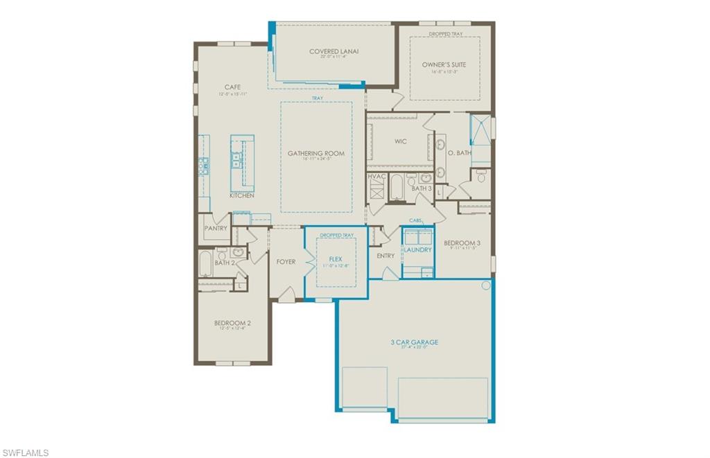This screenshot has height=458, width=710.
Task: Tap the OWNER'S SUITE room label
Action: pos(444,64)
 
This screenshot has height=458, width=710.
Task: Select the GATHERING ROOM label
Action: pos(316,153)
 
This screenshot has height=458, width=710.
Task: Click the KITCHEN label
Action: pos(242,195)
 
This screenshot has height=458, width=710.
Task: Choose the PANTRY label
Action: pos(215,228)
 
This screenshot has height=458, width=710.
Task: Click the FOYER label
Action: pos(286,262)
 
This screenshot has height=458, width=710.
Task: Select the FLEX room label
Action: pos(336,259)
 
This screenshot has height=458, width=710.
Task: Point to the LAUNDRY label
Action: pos(417,249)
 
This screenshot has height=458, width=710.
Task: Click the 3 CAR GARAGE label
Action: pos(413,342)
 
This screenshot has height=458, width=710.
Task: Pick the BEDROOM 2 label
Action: pos(232,322)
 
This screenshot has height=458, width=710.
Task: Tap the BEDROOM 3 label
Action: pos(462,243)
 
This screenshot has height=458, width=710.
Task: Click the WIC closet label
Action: pos(401,141)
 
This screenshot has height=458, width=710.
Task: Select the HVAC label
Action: pos(376,177)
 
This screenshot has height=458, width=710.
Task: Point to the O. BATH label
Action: pos(459,152)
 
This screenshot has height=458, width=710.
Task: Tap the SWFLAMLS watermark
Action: pos(25,452)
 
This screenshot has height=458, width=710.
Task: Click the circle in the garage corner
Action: pos(485,285)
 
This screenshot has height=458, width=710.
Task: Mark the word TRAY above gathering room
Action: pos(317,98)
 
